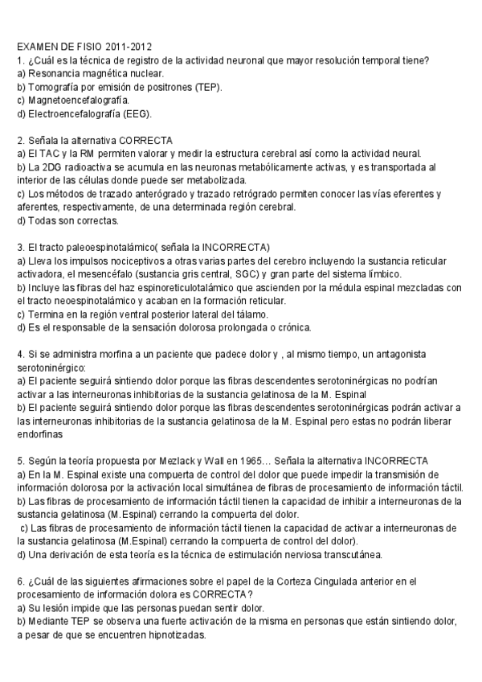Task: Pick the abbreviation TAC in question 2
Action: tap(47, 153)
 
